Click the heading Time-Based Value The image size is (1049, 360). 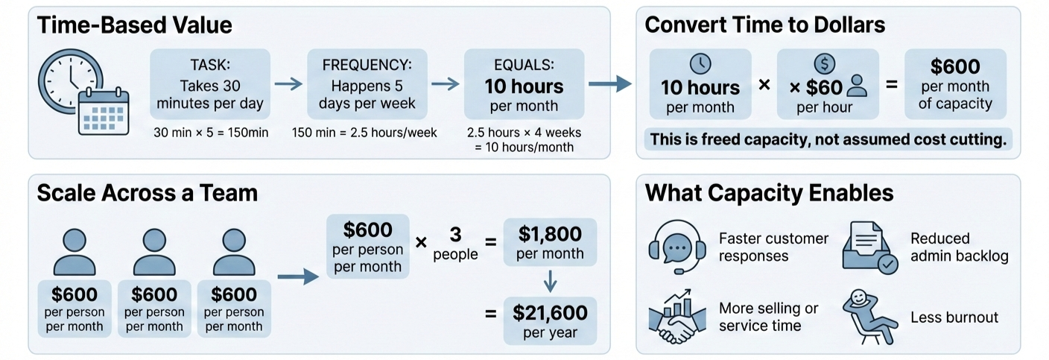click(x=134, y=25)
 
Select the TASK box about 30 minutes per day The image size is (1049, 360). click(x=210, y=83)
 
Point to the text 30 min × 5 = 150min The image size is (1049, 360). click(x=210, y=133)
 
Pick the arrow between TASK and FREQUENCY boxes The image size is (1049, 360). click(x=288, y=85)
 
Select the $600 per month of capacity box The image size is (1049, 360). click(x=955, y=84)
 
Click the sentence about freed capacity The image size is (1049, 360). click(x=828, y=139)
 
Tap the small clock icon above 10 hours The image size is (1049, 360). click(x=701, y=63)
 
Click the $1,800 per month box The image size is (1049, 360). click(x=550, y=241)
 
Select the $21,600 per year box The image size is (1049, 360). click(x=550, y=319)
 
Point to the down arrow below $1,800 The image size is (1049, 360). click(x=550, y=281)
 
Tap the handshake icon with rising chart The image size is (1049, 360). click(x=676, y=315)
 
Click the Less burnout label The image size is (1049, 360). click(x=954, y=318)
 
